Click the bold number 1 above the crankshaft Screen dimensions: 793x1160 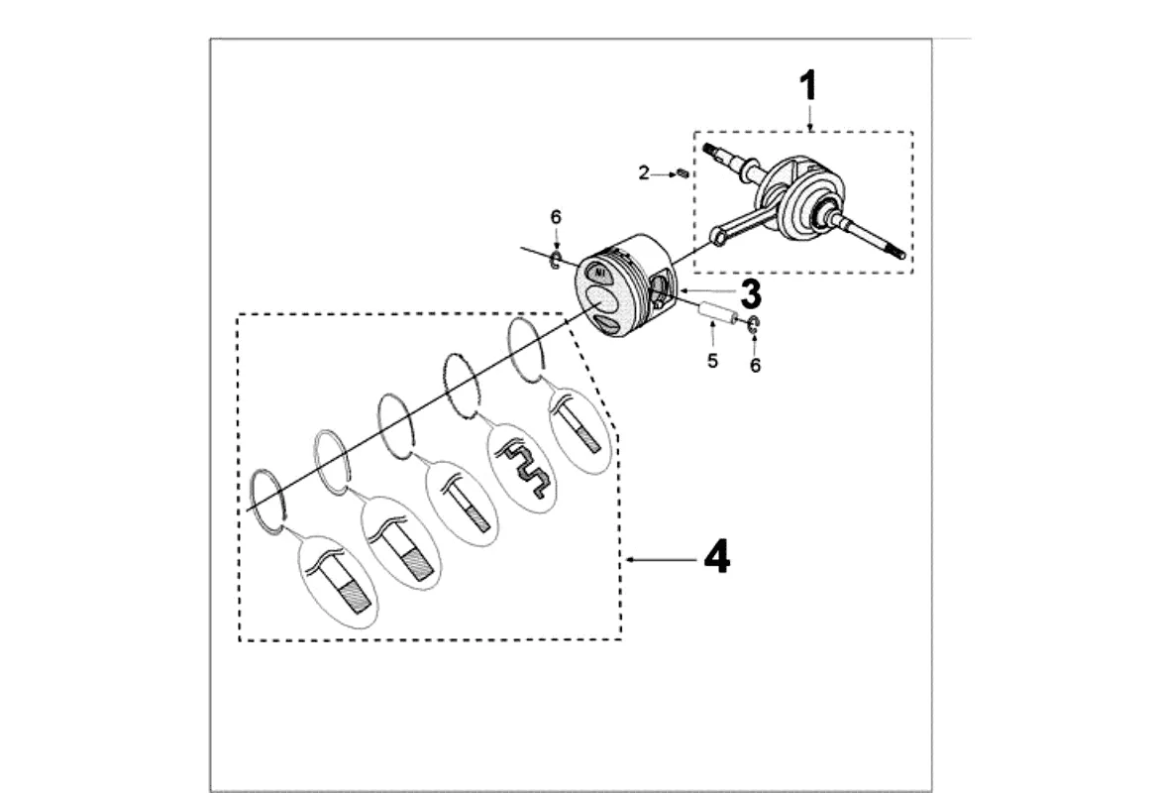809,86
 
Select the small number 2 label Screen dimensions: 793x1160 644,173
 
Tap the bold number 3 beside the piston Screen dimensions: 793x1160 750,293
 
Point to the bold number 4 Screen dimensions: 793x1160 716,558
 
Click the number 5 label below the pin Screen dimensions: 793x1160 712,361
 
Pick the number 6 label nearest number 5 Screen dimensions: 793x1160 755,366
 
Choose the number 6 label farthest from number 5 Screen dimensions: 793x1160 556,217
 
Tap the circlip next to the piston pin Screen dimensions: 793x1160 754,323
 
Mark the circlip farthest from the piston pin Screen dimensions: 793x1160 556,260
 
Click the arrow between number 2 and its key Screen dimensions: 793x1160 664,174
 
